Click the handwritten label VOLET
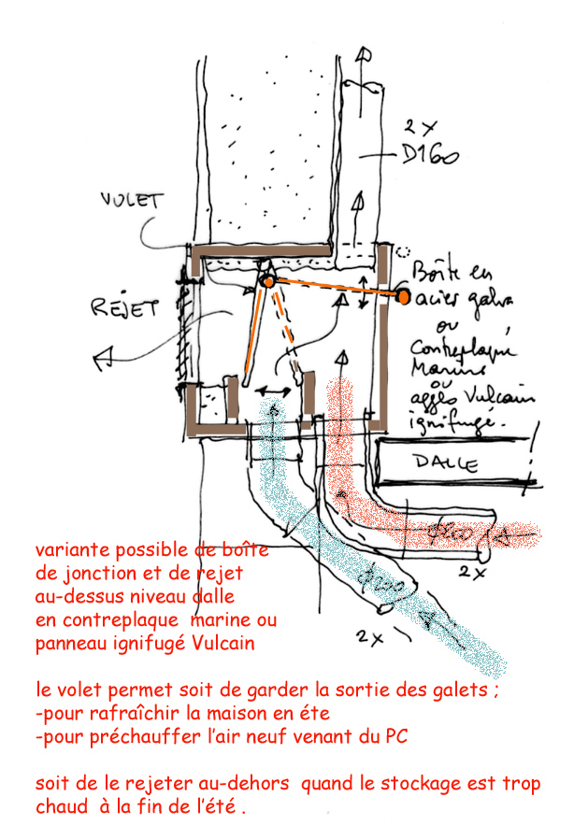131,200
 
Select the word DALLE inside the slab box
447,462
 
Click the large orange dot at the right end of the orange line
403,297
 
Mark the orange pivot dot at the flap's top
266,280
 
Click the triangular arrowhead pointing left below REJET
104,356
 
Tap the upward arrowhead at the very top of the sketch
363,52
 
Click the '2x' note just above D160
417,124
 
